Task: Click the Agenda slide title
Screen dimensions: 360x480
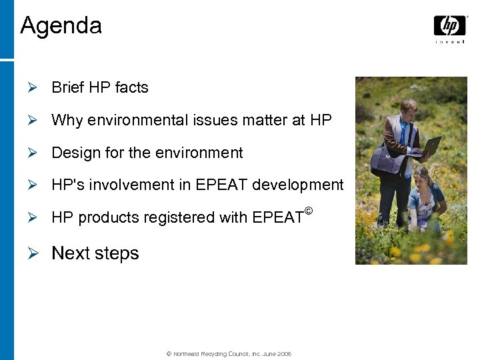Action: tap(61, 26)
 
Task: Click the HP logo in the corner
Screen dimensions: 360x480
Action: tap(450, 26)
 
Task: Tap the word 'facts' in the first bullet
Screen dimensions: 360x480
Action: tap(131, 87)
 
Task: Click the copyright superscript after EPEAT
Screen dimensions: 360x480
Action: tap(308, 211)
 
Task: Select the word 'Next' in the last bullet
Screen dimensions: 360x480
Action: tap(70, 253)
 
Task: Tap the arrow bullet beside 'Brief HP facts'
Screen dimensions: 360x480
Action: tap(39, 87)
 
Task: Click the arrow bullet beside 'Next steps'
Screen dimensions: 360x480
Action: tap(39, 253)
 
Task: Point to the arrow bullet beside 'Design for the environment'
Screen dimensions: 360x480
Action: tap(39, 153)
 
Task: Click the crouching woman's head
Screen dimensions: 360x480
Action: tap(421, 176)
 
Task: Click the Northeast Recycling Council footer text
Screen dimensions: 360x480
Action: tap(229, 354)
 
